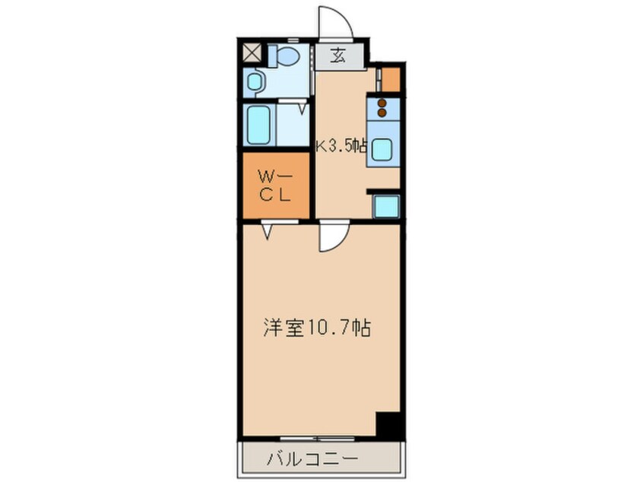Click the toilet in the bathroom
[x=287, y=55]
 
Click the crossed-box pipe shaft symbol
[x=252, y=52]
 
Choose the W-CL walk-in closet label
[x=274, y=185]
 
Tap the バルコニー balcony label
[x=312, y=459]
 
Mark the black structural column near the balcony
[x=388, y=424]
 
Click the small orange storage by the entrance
[x=390, y=79]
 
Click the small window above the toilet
[x=290, y=37]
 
